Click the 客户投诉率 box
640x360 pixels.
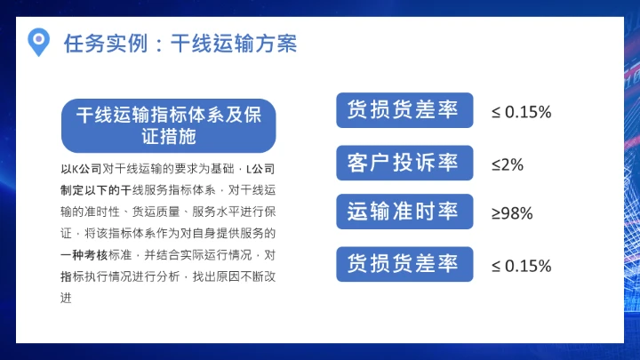point(404,164)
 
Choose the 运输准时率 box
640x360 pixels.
point(404,212)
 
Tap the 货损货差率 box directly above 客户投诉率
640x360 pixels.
point(404,111)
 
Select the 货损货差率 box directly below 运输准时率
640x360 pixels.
point(404,265)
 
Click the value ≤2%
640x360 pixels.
point(508,164)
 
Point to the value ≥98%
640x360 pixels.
point(512,213)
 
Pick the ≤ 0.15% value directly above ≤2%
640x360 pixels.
point(522,112)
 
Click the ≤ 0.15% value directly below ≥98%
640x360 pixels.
point(522,266)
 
